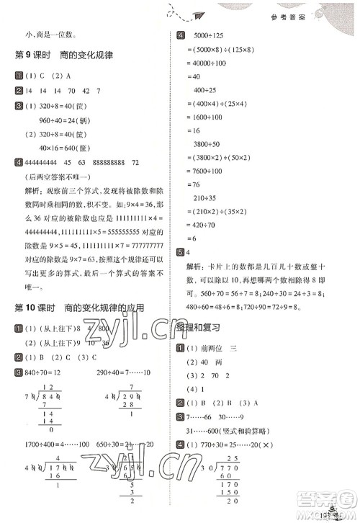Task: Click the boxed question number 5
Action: (x=180, y=252)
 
